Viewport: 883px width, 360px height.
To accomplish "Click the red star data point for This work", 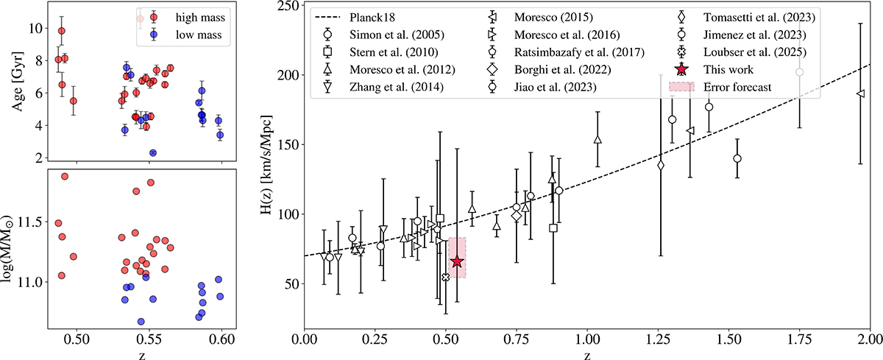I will [x=457, y=261].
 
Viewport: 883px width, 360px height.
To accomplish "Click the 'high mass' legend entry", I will [x=189, y=17].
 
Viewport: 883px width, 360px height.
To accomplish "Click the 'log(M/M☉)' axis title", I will [x=15, y=247].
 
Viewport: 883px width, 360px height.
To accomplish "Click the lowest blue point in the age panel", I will [x=153, y=153].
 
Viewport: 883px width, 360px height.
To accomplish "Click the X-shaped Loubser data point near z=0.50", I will [x=445, y=277].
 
